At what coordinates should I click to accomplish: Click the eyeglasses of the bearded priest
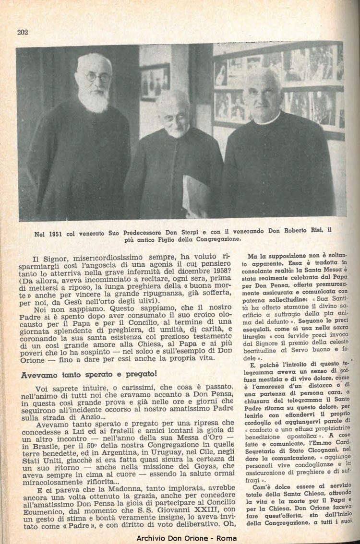point(99,77)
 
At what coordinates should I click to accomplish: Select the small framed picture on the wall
point(155,82)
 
